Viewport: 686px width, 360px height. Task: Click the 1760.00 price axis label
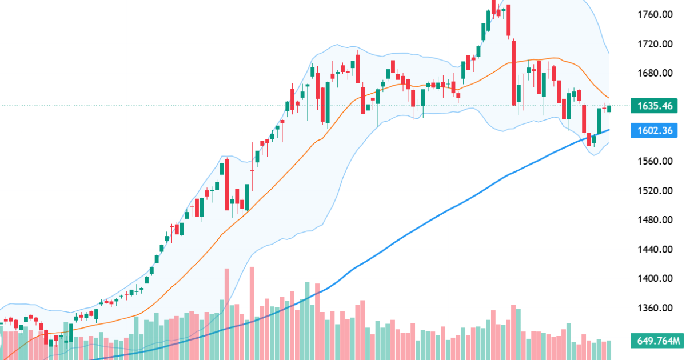coord(655,14)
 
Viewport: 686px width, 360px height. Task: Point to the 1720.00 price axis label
coord(655,44)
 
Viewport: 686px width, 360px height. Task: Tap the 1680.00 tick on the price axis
coord(655,73)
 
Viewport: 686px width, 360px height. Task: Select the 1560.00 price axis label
coord(655,161)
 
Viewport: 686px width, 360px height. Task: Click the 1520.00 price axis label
coord(655,190)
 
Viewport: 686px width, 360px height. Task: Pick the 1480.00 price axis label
coord(655,220)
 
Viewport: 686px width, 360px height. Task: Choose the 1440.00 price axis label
coord(655,249)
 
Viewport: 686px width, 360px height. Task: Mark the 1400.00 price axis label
coord(655,279)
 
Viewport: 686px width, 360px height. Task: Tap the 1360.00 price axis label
coord(655,308)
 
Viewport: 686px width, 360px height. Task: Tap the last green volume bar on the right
coord(609,350)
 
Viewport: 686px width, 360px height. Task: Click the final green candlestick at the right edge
coord(609,109)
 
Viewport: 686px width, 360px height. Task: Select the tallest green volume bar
coord(308,320)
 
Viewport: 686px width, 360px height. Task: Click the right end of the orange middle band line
coord(609,98)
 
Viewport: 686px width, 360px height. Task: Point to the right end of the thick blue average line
coord(609,130)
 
